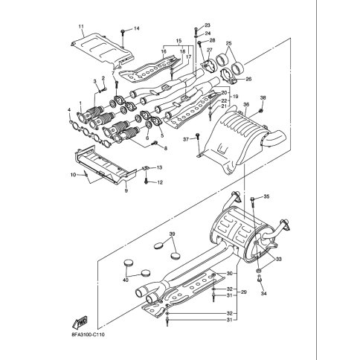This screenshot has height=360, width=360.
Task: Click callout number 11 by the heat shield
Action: (81, 26)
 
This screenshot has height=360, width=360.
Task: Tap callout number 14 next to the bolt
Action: (137, 28)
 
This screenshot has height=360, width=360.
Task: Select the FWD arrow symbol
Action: (80, 322)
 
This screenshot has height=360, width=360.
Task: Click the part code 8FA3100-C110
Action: (88, 335)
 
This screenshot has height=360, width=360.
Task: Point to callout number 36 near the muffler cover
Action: (246, 105)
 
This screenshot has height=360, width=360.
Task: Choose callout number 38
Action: (263, 97)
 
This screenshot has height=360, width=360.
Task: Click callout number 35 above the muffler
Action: (266, 196)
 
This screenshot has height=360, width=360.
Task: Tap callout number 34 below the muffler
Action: (264, 294)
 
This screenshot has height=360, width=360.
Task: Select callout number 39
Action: (172, 234)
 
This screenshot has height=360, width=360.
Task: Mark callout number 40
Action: (126, 280)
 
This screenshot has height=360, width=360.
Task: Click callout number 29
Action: (244, 292)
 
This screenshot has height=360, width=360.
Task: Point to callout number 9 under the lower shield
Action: (126, 190)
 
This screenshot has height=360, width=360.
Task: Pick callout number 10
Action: (73, 175)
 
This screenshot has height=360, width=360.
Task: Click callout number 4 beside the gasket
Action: (70, 109)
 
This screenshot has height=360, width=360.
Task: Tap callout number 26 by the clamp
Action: (248, 79)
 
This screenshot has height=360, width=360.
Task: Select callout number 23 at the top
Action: (208, 25)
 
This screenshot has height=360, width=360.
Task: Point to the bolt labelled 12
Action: (146, 181)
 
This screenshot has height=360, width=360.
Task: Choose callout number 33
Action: (279, 260)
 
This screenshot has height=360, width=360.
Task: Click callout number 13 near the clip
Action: (159, 167)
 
